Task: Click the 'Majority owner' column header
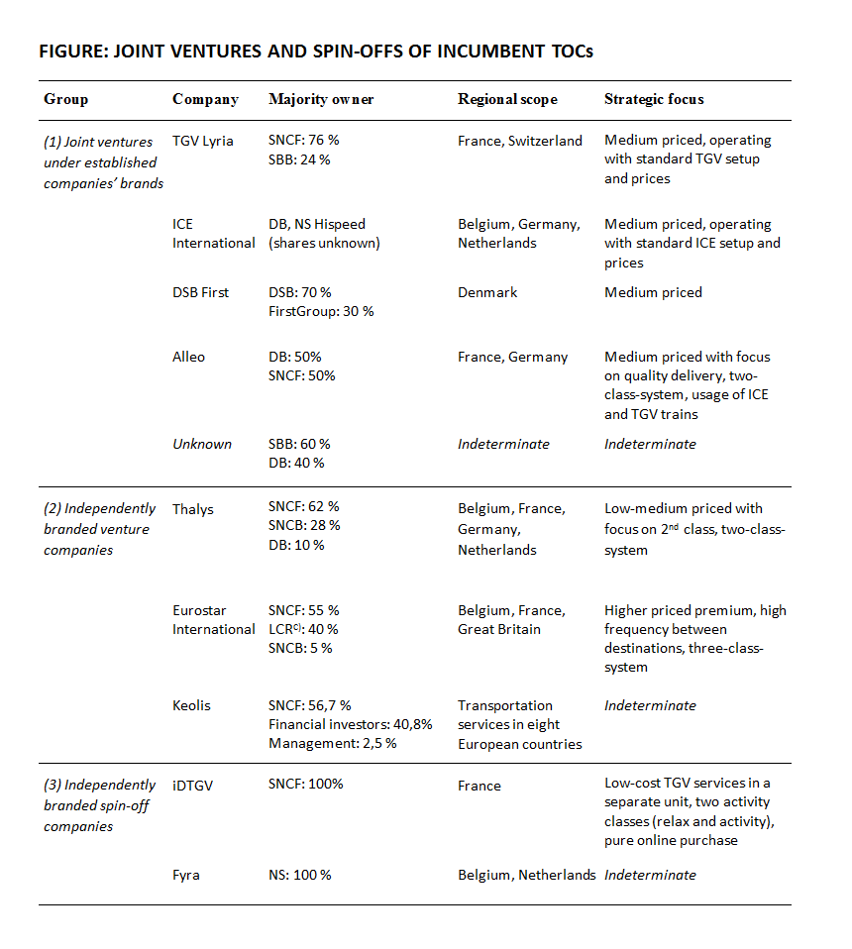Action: click(321, 99)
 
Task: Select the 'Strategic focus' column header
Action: click(654, 99)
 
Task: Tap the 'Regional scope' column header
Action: click(507, 99)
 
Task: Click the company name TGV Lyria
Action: click(203, 141)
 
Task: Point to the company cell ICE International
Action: click(213, 234)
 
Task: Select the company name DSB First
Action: click(200, 292)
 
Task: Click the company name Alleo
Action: click(188, 357)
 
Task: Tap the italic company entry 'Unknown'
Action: click(201, 444)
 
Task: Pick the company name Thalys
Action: click(193, 509)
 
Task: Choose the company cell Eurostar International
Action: click(213, 619)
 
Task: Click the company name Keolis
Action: click(192, 705)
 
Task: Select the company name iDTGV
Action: click(193, 785)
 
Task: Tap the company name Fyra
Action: click(186, 875)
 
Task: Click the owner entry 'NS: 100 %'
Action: click(300, 875)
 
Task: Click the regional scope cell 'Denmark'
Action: click(487, 292)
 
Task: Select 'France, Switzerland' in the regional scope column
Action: click(520, 141)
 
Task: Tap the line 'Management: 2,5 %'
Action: click(332, 743)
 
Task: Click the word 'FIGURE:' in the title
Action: click(74, 51)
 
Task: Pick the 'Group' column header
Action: click(65, 99)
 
